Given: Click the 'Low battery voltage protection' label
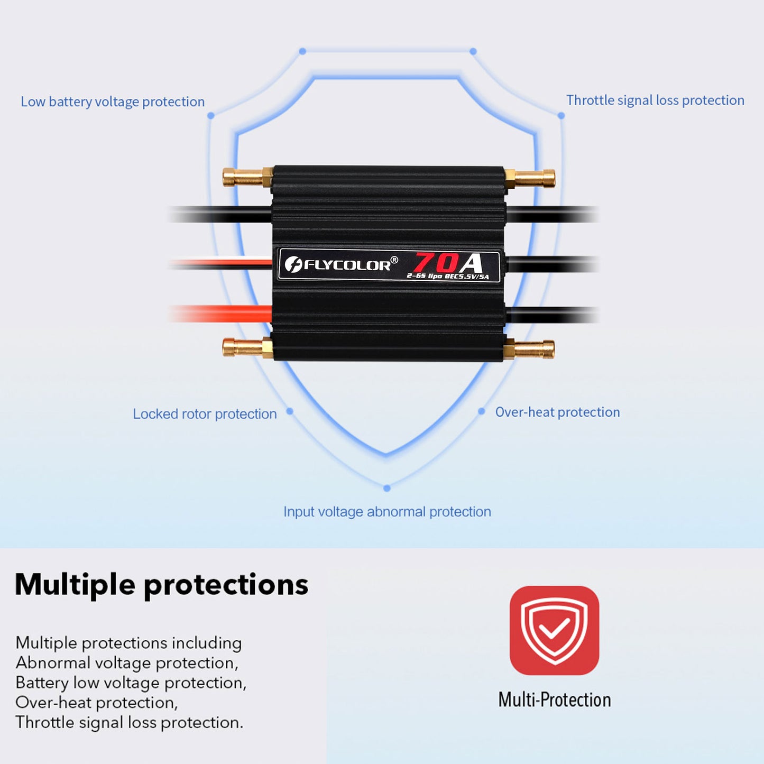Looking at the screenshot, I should [x=113, y=102].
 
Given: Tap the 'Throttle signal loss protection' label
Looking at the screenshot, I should [x=655, y=100].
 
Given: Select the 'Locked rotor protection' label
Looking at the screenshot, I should [x=205, y=413].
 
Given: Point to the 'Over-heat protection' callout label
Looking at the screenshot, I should [x=557, y=412].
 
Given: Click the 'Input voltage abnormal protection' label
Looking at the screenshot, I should [x=387, y=511].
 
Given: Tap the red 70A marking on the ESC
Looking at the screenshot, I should [x=448, y=262].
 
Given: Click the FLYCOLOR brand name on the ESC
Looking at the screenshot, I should [x=347, y=264].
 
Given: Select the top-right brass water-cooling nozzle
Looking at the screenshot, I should [x=530, y=178].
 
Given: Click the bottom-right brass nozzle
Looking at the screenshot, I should [x=530, y=349].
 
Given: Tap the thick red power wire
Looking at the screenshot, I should [x=222, y=314].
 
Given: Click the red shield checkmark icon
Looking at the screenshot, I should [x=554, y=630].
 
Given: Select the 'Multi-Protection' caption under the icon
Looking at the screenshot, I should [x=554, y=699].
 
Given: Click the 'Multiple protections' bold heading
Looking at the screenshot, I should [x=161, y=585].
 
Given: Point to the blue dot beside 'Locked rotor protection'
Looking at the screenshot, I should [x=290, y=411].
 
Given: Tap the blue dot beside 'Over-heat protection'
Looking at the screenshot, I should [x=481, y=411].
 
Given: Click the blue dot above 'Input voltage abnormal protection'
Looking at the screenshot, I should [x=387, y=488].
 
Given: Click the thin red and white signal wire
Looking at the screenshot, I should [x=222, y=262].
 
